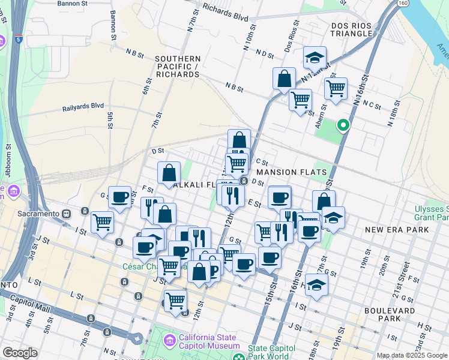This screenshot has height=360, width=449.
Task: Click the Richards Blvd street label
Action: (x=225, y=13)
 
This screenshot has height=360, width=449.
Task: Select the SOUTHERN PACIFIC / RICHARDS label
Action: (x=177, y=67)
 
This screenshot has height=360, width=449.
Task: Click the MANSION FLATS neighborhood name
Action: (x=294, y=172)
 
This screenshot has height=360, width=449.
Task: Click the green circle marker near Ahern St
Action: (x=343, y=125)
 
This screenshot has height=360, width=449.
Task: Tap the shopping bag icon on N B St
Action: (x=284, y=79)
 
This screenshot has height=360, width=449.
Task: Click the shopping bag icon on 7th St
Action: (x=169, y=173)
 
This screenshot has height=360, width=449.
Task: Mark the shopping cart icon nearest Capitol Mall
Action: (x=175, y=300)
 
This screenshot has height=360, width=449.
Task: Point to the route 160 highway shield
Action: (x=402, y=3)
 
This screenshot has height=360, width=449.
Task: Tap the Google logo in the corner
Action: (x=20, y=353)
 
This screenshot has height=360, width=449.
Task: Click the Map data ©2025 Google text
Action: (x=412, y=355)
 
